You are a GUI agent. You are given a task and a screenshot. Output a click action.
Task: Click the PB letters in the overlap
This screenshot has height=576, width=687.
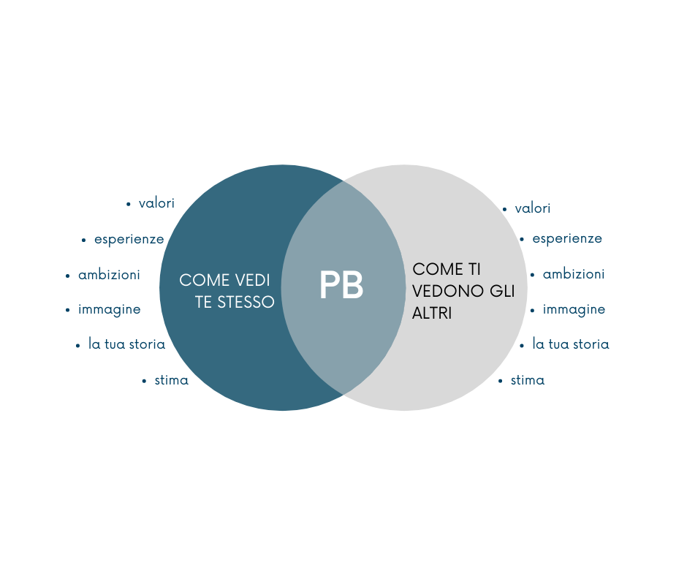(341, 285)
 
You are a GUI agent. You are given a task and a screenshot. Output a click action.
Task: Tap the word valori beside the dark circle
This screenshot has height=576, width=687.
(156, 203)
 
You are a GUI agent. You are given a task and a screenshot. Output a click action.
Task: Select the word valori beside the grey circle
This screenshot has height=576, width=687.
(532, 208)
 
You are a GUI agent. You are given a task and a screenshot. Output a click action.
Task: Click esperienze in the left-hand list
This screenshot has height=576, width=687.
(129, 239)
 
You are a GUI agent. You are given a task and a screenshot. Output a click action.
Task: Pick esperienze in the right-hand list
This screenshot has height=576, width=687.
(567, 238)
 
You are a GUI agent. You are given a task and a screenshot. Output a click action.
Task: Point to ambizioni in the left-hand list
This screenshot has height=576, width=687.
(109, 275)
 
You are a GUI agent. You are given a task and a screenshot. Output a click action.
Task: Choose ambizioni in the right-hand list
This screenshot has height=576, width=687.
(574, 274)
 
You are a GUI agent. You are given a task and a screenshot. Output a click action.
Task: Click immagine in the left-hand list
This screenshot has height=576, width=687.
(110, 309)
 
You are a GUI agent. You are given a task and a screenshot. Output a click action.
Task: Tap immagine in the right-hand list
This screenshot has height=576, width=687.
(574, 309)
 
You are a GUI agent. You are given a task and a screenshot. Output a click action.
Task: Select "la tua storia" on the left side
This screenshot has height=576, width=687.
(126, 344)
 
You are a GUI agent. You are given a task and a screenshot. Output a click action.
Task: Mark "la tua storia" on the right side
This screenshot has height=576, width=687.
(571, 344)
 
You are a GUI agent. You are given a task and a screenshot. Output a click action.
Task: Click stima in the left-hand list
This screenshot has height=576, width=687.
(171, 380)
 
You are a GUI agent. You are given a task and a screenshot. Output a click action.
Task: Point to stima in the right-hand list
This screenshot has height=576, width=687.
(528, 380)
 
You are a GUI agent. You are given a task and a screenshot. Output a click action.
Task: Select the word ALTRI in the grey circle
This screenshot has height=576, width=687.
(432, 313)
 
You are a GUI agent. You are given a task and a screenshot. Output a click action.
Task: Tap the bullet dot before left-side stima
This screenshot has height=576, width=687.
(144, 381)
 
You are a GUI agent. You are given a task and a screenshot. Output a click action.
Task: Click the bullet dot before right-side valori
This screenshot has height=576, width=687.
(504, 210)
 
